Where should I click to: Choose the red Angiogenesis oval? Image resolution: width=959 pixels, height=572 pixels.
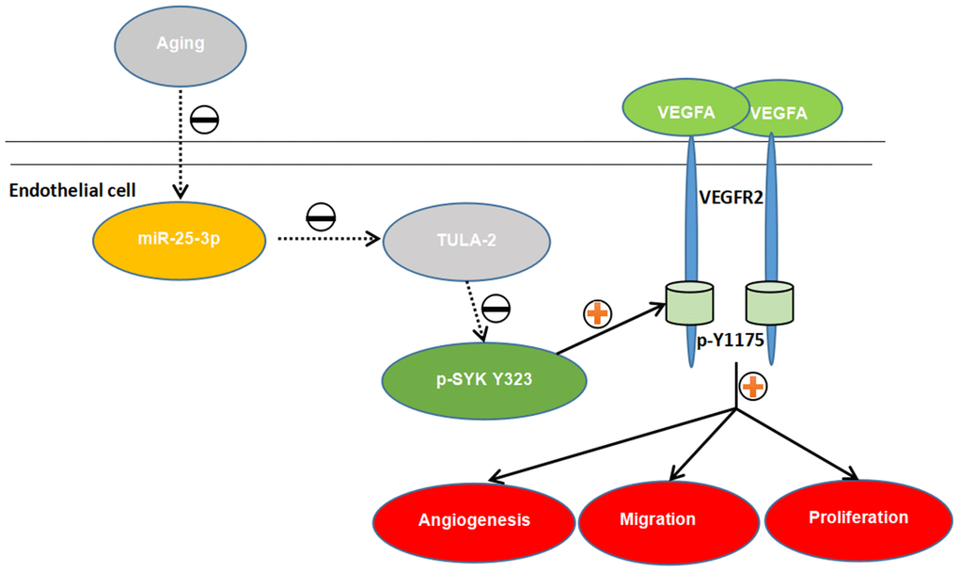(474, 519)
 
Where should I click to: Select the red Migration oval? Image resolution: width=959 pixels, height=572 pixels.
(658, 518)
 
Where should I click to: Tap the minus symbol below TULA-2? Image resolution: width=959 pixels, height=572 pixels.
(496, 308)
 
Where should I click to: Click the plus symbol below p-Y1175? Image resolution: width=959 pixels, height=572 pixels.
(752, 384)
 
